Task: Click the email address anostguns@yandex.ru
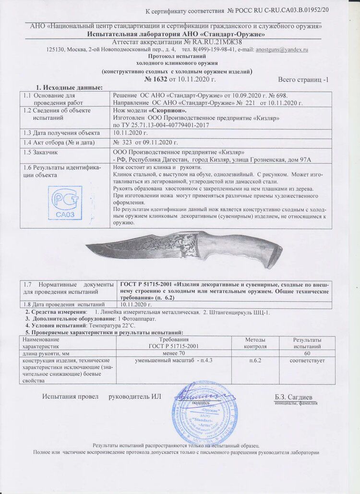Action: coord(282,49)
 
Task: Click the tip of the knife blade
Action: coord(87,247)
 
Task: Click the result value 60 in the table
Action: coord(307,354)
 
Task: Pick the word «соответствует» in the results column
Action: coord(307,361)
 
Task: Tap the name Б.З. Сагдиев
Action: coord(293,397)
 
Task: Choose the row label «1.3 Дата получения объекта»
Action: coord(59,132)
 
